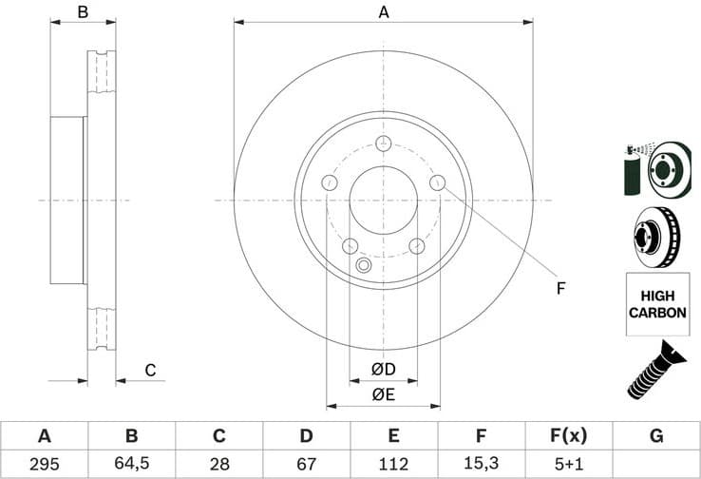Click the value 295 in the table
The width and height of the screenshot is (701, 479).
[44, 464]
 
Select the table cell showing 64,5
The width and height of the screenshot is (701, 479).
[131, 464]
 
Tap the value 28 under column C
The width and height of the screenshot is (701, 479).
[218, 464]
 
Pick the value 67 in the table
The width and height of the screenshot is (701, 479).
[306, 464]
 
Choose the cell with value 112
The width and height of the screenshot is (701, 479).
[394, 464]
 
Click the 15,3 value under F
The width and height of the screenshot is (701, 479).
[482, 464]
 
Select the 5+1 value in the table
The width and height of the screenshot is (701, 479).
[569, 464]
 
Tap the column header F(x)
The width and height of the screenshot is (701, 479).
[569, 436]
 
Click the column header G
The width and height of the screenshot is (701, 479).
[656, 436]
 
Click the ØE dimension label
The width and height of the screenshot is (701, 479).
[383, 394]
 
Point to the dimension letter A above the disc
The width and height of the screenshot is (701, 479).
[384, 12]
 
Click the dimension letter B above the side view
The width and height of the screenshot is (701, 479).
[83, 12]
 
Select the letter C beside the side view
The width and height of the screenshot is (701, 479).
[149, 370]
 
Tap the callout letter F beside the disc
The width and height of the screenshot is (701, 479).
[560, 288]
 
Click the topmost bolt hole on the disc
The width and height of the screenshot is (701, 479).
[383, 144]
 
